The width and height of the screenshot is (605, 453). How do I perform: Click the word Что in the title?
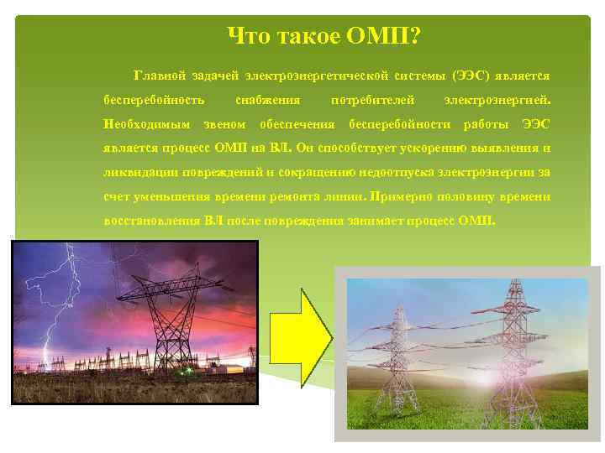[x=248, y=36]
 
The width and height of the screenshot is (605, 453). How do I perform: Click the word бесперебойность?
[x=154, y=101]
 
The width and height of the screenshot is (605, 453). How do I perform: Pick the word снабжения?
[x=268, y=101]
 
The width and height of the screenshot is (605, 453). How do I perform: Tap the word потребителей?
[x=373, y=101]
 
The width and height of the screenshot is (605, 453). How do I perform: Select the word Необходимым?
[x=148, y=125]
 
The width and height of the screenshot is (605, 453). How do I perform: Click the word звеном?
[x=227, y=125]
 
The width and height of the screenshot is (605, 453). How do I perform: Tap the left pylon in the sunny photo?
[x=402, y=344]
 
